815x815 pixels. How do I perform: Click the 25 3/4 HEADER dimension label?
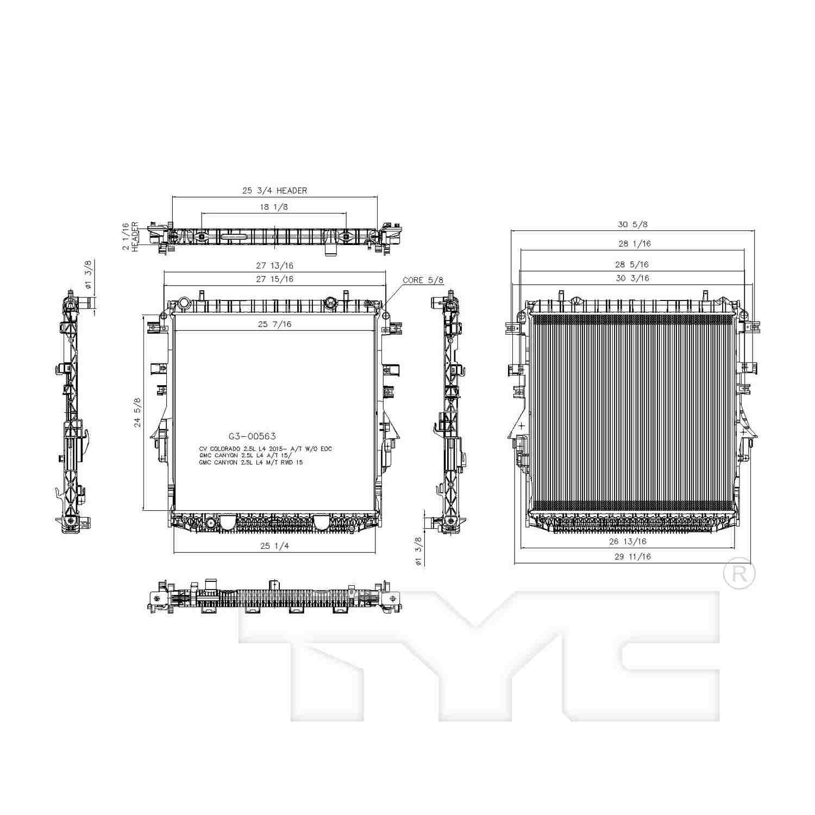[274, 191]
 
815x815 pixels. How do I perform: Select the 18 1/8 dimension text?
[273, 207]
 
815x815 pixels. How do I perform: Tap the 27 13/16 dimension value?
[274, 266]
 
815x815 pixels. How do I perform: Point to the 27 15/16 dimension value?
[274, 279]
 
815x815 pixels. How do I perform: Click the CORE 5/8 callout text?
[423, 280]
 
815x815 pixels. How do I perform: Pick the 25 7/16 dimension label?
[274, 324]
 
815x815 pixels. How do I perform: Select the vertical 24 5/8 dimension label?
[137, 412]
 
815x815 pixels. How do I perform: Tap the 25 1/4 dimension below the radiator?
[274, 546]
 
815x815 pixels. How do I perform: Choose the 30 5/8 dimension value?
[632, 224]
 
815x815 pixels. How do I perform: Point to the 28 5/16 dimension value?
[632, 265]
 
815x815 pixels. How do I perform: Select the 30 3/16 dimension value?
[632, 278]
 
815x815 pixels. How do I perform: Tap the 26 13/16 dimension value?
[628, 541]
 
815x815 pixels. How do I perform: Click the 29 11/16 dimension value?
[632, 556]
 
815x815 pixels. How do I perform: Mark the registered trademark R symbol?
[739, 574]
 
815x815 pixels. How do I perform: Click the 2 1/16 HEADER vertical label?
[130, 236]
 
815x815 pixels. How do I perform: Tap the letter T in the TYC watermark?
[326, 652]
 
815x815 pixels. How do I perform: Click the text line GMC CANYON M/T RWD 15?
[250, 462]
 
